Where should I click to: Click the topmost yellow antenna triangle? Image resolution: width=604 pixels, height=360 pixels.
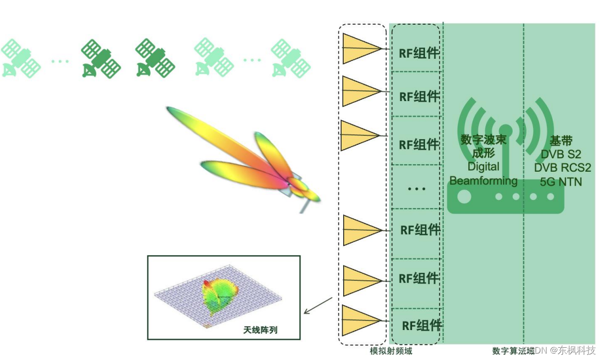tap(359, 49)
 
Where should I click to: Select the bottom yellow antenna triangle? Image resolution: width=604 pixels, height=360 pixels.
tap(359, 320)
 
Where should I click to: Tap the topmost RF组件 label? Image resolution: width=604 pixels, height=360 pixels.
tap(420, 53)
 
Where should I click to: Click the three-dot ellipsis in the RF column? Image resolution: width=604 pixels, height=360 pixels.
tap(416, 189)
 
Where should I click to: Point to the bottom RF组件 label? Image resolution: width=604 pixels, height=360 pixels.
tap(422, 325)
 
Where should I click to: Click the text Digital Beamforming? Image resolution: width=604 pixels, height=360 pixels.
tap(483, 173)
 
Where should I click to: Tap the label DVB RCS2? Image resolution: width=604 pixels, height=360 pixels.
tap(562, 168)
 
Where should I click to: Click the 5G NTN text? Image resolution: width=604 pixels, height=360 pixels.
tap(561, 182)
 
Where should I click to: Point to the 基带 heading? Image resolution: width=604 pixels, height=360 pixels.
tap(561, 141)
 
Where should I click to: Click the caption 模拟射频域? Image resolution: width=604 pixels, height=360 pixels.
tap(391, 351)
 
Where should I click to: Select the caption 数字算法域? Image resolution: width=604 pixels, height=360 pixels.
tap(513, 351)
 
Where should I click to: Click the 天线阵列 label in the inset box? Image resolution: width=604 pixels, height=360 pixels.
tap(260, 330)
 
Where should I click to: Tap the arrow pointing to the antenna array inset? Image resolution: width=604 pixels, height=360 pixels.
tap(318, 305)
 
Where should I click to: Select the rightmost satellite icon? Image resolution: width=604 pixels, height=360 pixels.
tap(290, 58)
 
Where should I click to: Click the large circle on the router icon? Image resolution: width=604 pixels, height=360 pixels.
tap(464, 196)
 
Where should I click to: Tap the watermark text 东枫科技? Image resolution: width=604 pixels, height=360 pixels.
tap(576, 350)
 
